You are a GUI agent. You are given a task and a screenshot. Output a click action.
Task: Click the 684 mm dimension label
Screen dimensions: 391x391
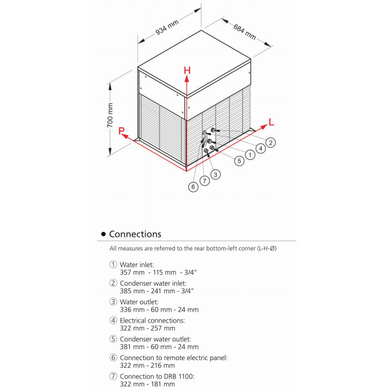[244, 31]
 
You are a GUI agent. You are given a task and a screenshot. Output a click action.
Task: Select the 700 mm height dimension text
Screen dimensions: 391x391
[110, 115]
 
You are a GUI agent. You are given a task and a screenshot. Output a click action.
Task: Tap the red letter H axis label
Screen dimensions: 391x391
[187, 70]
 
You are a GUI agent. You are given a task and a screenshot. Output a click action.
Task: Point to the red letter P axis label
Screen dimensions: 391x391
[122, 131]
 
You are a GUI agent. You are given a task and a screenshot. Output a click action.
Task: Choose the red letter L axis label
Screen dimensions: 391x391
[272, 123]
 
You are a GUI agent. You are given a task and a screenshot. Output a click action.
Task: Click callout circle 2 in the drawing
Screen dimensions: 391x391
[270, 142]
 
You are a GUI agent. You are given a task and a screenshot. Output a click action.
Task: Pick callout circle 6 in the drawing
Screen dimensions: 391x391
[193, 187]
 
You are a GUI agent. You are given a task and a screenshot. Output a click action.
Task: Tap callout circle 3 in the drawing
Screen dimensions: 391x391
[216, 174]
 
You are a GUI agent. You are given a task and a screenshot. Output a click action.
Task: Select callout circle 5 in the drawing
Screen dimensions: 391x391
[239, 160]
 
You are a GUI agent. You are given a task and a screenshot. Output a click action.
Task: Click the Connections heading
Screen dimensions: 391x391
[135, 234]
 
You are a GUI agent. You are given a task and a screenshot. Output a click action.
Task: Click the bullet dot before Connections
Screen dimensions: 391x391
[103, 235]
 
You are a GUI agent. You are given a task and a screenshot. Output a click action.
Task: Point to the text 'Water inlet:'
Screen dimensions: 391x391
[137, 264]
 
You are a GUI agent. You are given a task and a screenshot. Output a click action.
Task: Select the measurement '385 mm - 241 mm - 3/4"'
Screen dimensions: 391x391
[157, 291]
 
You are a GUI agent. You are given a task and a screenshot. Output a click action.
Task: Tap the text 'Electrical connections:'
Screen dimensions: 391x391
[152, 320]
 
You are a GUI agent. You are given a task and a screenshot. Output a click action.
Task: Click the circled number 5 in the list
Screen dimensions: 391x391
[113, 339]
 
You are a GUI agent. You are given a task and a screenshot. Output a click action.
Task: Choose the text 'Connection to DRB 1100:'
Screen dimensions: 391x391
[155, 376]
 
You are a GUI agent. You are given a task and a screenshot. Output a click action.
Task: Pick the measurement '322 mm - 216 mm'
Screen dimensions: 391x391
[147, 365]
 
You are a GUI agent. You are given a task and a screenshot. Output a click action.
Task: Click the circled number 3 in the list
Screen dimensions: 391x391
[113, 301]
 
